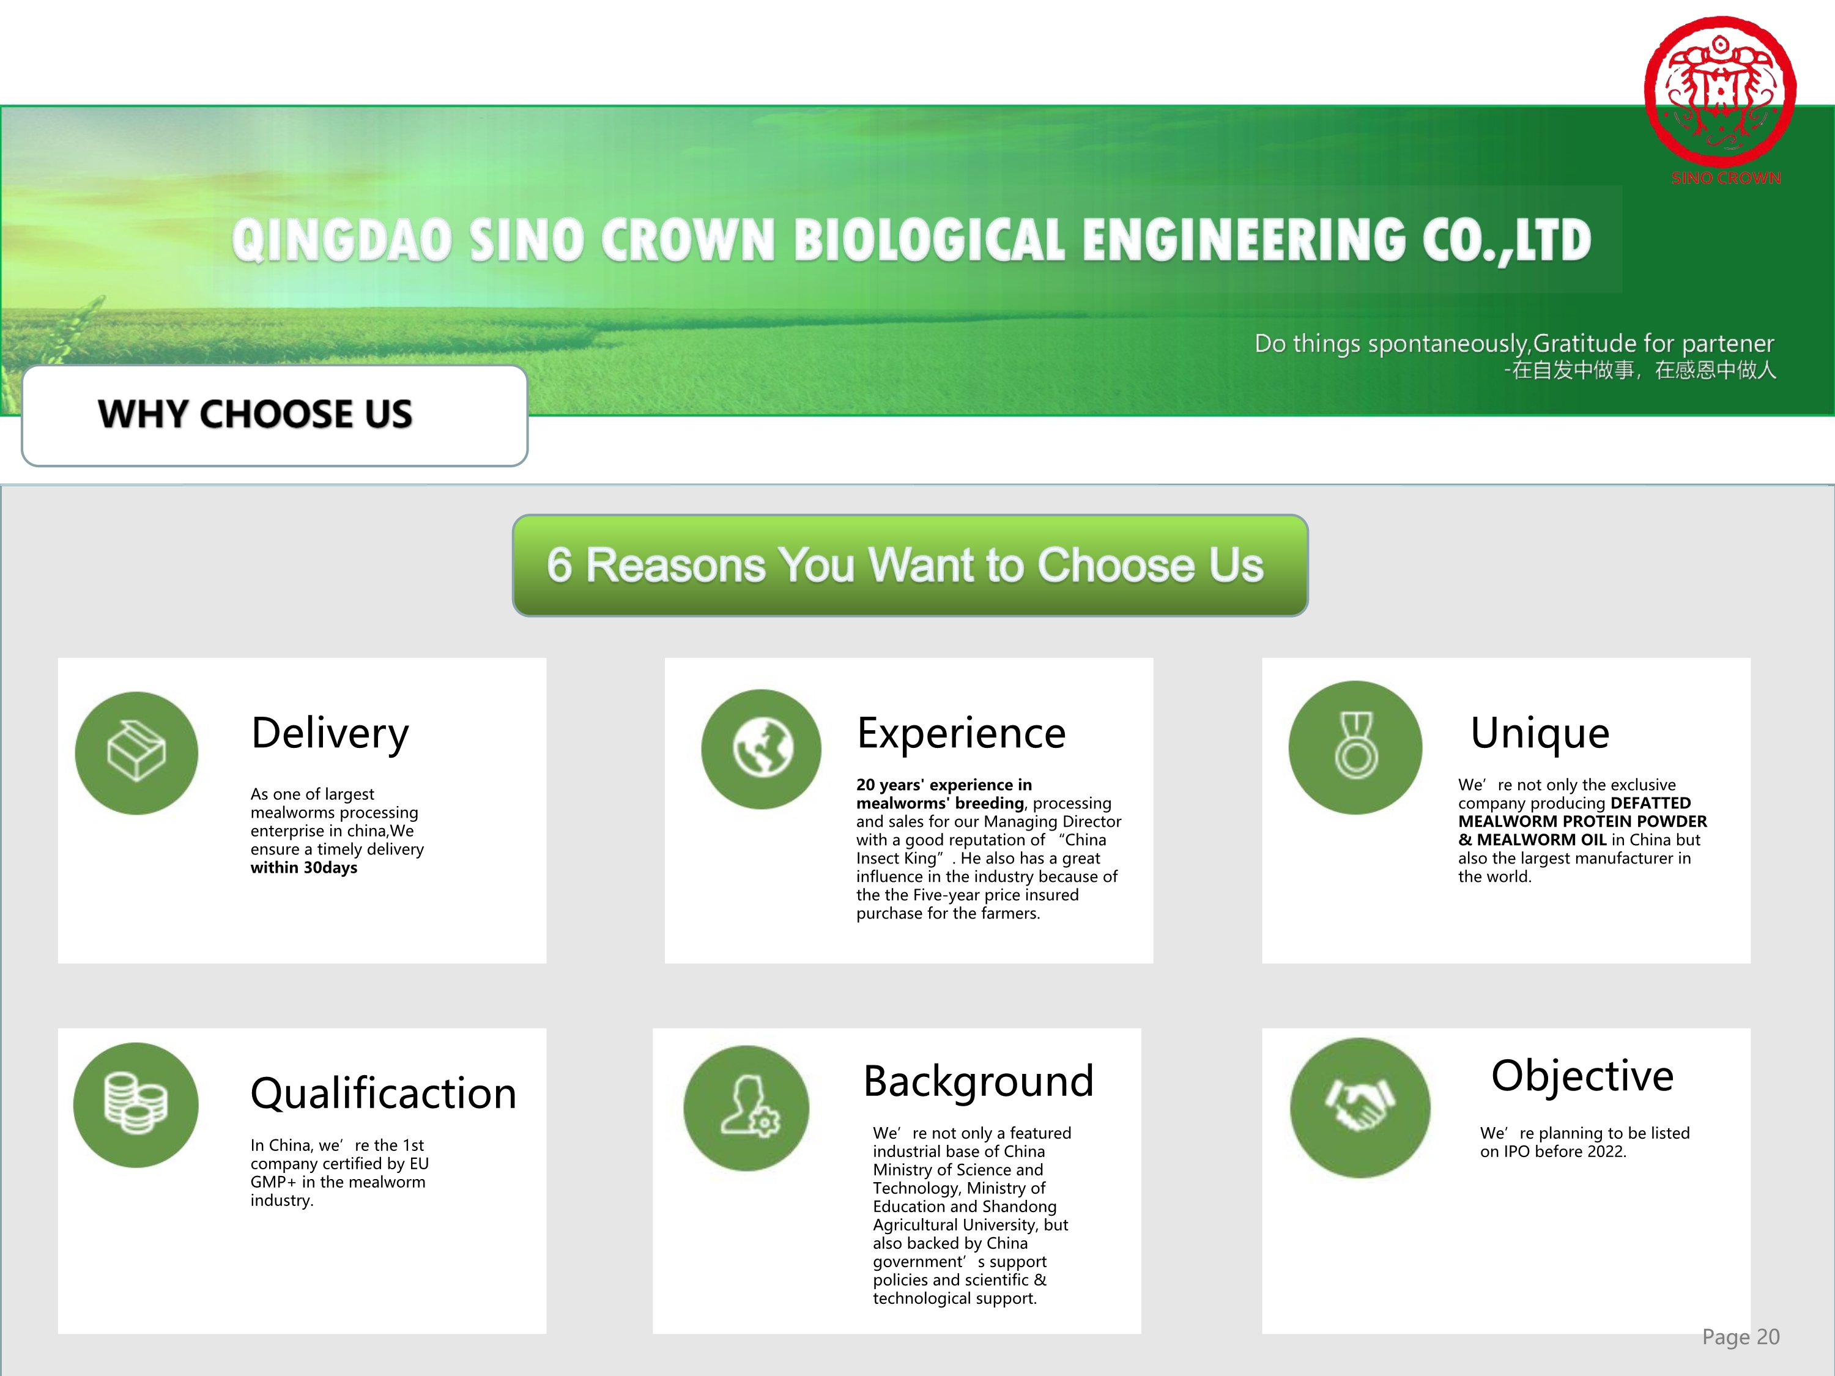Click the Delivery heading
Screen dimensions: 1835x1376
(x=330, y=734)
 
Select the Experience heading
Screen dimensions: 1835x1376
(x=962, y=734)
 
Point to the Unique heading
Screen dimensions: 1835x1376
(x=1540, y=734)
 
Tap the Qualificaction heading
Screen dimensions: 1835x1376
(x=384, y=1093)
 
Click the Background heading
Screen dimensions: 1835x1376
(x=979, y=1082)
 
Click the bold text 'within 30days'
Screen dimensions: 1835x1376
(x=303, y=868)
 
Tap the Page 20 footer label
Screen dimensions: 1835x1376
(x=1740, y=1336)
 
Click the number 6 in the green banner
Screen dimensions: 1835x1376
(x=559, y=565)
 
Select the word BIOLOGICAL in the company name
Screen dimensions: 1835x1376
(x=929, y=240)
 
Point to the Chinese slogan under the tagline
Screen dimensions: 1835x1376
(x=1640, y=370)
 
